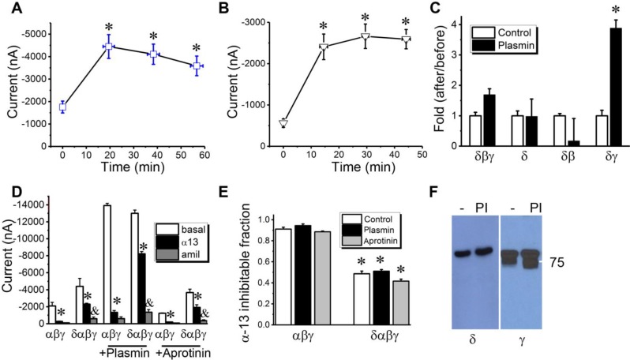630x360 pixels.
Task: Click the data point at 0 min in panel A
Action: point(63,107)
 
